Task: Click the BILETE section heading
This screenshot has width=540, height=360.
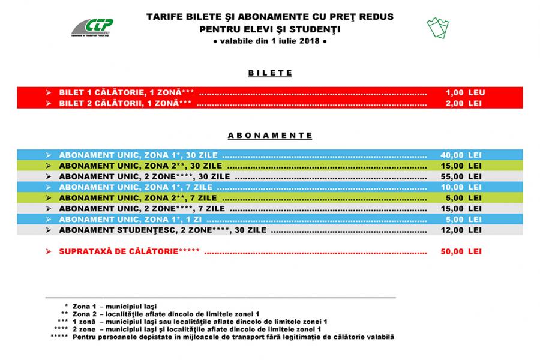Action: coord(270,73)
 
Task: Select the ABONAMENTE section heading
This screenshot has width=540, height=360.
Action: coord(270,136)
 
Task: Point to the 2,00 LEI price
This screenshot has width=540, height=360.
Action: coord(464,103)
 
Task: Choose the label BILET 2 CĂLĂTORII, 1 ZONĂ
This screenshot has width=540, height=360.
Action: coord(125,103)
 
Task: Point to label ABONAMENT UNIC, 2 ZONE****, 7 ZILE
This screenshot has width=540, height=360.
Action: coord(142,208)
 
